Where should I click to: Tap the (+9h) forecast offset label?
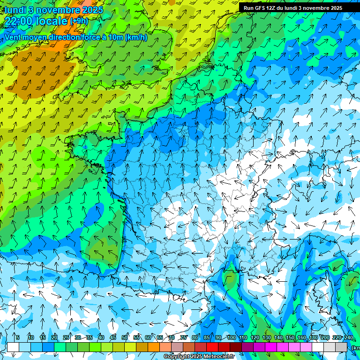pos(78,21)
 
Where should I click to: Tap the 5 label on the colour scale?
pos(17,338)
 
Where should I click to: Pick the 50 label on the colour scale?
pos(125,338)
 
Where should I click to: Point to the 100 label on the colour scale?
pos(231,338)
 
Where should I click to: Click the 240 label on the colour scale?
pos(349,338)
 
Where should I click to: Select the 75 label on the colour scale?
pos(184,338)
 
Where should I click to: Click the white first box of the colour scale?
pos(13,347)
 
